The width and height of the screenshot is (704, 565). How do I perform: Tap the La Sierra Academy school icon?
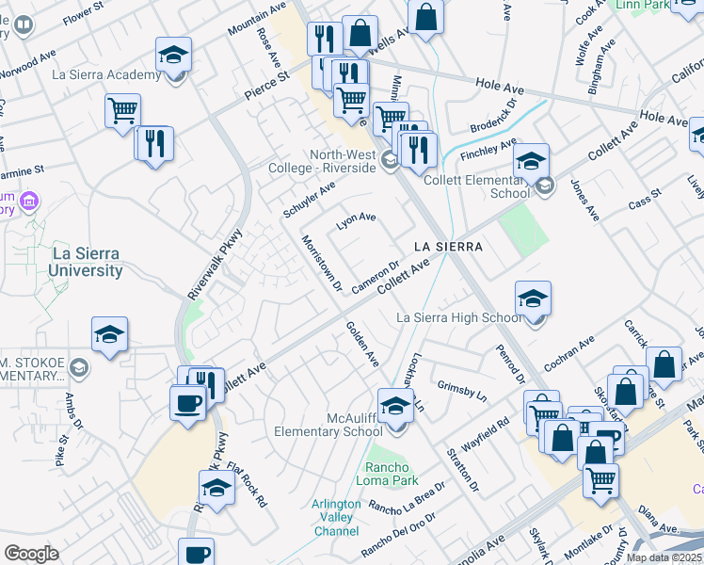[x=173, y=56]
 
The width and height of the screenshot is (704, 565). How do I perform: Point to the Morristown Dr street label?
[x=320, y=263]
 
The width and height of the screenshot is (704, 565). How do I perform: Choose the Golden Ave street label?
[x=362, y=345]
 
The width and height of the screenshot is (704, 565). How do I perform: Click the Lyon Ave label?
[x=356, y=222]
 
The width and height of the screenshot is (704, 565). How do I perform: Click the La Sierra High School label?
[x=458, y=317]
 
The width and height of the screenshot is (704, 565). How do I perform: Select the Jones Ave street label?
[x=584, y=201]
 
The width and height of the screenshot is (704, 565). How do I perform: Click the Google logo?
[x=31, y=554]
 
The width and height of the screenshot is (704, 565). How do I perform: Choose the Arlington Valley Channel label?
[x=336, y=517]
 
